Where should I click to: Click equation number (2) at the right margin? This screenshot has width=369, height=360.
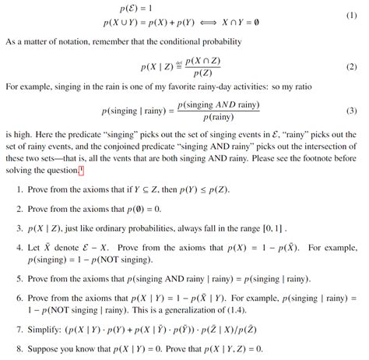(x=357, y=68)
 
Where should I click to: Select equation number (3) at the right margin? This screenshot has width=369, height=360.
(x=357, y=111)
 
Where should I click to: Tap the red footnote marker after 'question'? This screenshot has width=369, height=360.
(x=102, y=171)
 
